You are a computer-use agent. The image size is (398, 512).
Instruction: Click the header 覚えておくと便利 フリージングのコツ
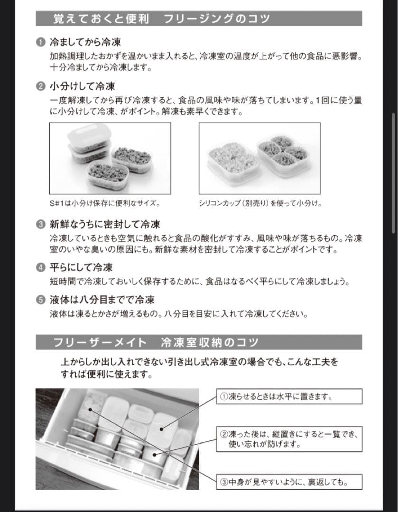(x=162, y=18)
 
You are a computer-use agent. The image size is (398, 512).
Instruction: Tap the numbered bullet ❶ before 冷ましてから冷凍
(x=41, y=43)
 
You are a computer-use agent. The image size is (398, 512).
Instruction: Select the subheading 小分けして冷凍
(x=82, y=86)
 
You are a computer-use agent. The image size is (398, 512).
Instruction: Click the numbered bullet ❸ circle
(x=41, y=224)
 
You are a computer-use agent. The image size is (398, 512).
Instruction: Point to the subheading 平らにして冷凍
(x=81, y=267)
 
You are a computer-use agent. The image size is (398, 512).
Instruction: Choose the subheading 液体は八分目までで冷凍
(x=102, y=300)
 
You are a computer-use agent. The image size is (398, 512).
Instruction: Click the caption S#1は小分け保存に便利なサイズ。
(x=104, y=203)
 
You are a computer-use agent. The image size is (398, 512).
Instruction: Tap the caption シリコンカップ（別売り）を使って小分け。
(x=260, y=203)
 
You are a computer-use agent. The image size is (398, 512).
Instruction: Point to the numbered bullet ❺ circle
(x=41, y=300)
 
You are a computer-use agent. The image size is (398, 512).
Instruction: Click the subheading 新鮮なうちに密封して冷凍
(x=105, y=224)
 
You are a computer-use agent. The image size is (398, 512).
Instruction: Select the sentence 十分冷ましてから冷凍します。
(x=101, y=67)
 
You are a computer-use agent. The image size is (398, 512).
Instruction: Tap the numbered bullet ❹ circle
(x=41, y=267)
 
